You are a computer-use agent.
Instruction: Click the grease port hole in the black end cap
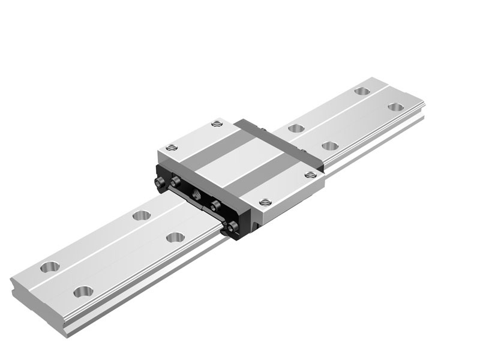point(196,194)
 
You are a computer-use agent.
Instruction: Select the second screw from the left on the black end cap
point(176,182)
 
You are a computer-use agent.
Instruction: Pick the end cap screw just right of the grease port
point(214,206)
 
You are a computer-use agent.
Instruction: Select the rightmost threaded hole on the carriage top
point(310,175)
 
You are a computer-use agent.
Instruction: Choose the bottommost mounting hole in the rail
point(81,292)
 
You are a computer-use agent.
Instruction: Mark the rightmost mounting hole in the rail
point(395,107)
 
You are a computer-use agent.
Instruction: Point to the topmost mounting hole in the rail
point(361,91)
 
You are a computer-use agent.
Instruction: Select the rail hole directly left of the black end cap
point(141,214)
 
